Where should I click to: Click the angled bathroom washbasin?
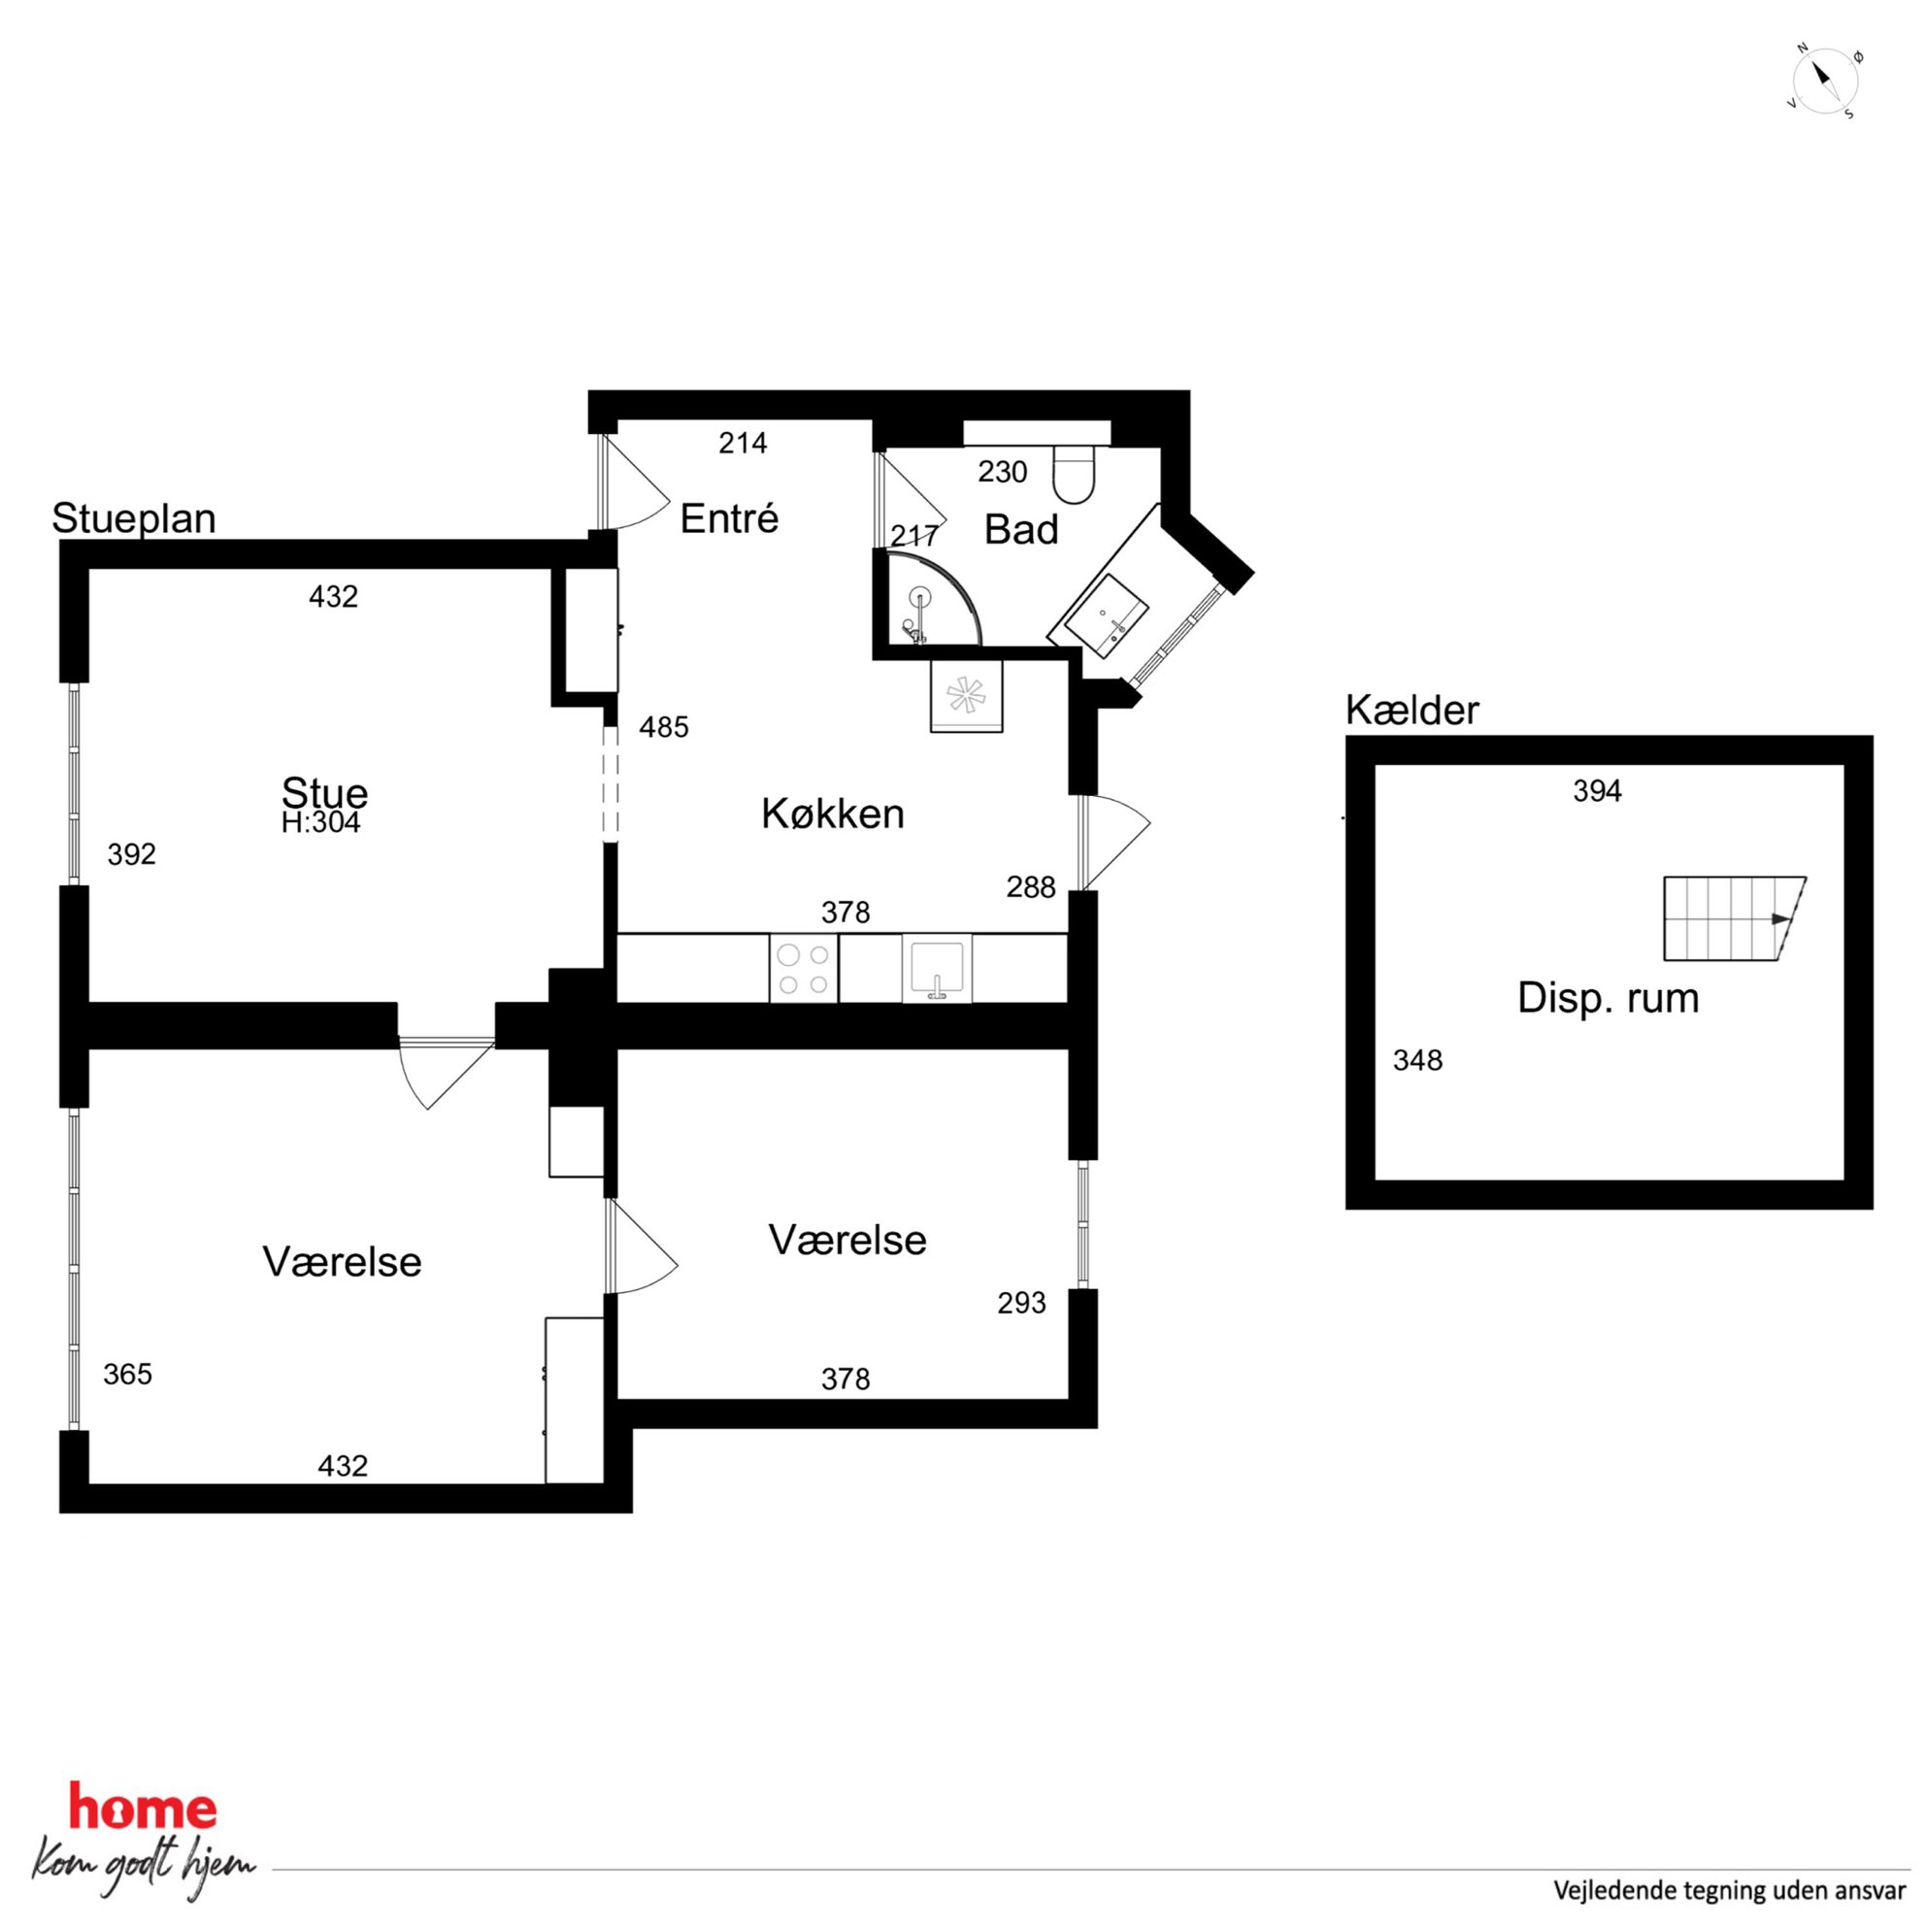tap(1107, 616)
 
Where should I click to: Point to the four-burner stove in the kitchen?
tap(804, 969)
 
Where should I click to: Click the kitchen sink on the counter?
tap(937, 968)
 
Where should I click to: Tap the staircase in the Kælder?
tap(1735, 918)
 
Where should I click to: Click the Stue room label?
tap(325, 793)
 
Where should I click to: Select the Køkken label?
tap(832, 814)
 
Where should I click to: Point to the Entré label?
tap(729, 518)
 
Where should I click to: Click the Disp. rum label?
tap(1608, 998)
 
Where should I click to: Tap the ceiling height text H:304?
tap(321, 822)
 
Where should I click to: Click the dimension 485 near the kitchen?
tap(664, 728)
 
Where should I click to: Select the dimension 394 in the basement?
tap(1598, 791)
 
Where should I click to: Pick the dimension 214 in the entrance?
tap(743, 444)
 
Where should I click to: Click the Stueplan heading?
tap(134, 519)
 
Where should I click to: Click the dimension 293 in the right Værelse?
tap(1022, 1303)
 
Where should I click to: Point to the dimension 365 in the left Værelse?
tap(127, 1375)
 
